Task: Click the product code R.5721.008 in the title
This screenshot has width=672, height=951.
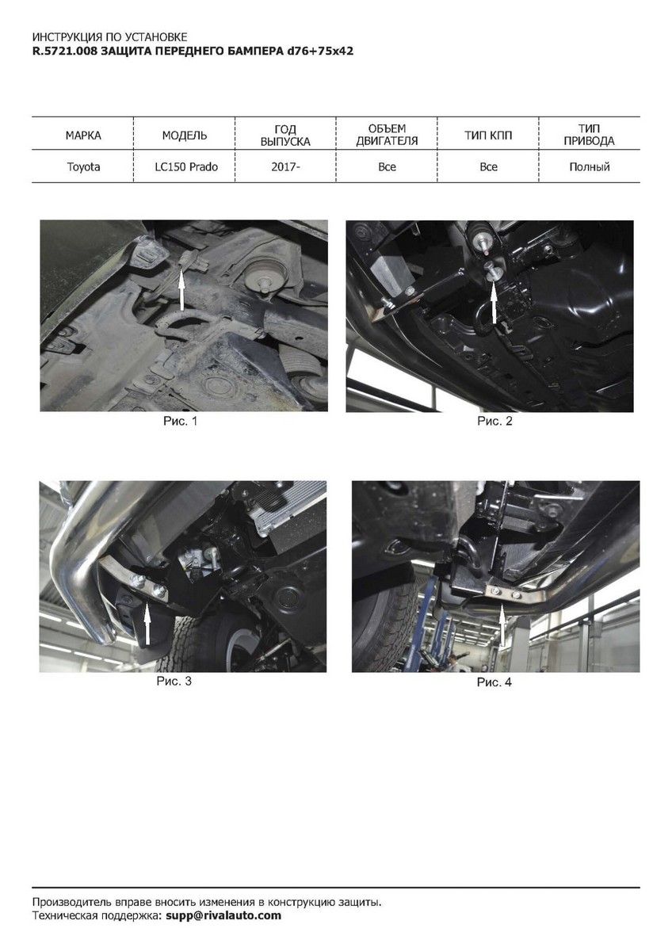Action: click(65, 52)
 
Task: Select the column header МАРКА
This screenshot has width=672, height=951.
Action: click(83, 136)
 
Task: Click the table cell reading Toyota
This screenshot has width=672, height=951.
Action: click(83, 167)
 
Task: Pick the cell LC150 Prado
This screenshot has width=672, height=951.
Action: click(186, 167)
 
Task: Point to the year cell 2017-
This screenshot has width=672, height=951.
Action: click(286, 167)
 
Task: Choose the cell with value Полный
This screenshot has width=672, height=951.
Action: click(590, 167)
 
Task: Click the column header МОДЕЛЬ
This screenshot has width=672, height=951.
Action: click(185, 136)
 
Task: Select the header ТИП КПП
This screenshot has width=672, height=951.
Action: click(488, 136)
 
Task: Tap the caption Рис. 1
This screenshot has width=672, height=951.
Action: click(181, 421)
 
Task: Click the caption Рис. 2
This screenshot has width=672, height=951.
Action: click(494, 421)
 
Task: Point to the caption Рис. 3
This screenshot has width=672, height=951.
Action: click(174, 681)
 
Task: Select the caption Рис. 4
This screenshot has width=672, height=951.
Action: click(494, 682)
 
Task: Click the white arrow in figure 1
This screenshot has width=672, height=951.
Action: click(181, 291)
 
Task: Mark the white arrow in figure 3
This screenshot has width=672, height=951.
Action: click(147, 625)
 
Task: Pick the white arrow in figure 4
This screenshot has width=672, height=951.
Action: click(502, 625)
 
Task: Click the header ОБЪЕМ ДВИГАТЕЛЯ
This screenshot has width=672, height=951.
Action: click(387, 135)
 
